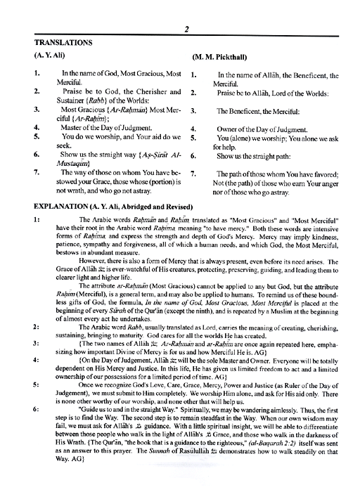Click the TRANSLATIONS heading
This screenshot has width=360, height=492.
54,43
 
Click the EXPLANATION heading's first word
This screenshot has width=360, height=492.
56,205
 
